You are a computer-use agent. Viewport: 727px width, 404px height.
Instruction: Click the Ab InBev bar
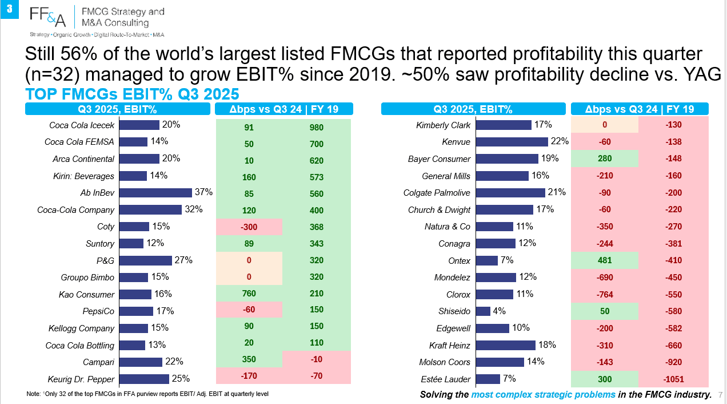[x=155, y=193]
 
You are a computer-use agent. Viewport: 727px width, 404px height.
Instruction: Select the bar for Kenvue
[x=512, y=142]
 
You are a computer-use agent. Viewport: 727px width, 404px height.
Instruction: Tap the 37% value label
[x=203, y=192]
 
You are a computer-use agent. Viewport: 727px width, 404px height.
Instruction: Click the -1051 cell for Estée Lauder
[x=673, y=379]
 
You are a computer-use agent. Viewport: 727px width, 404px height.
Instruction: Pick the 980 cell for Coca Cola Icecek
[x=317, y=128]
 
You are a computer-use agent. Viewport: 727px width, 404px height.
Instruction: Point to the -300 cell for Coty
[x=249, y=227]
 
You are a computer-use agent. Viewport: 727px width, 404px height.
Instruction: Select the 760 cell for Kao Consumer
[x=249, y=294]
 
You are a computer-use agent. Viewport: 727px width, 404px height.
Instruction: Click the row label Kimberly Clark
[x=443, y=125]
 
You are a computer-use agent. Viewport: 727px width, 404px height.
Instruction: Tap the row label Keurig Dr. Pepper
[x=81, y=379]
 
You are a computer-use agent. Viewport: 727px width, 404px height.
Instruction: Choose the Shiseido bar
[x=483, y=311]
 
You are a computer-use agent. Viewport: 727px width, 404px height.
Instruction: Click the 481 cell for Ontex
[x=605, y=260]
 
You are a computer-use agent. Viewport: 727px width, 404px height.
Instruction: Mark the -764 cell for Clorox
[x=605, y=295]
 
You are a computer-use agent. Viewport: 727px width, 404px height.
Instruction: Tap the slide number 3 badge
[x=9, y=9]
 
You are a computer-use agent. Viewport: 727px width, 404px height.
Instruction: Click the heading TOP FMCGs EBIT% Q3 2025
[x=132, y=94]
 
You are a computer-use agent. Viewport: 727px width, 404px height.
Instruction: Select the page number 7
[x=720, y=395]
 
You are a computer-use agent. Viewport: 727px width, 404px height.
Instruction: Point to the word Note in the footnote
[x=33, y=394]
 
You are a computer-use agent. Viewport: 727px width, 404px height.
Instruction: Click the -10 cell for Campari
[x=317, y=359]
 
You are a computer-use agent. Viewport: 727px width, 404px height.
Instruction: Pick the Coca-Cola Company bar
[x=150, y=209]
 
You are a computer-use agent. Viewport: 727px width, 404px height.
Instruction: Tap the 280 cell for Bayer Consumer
[x=605, y=159]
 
